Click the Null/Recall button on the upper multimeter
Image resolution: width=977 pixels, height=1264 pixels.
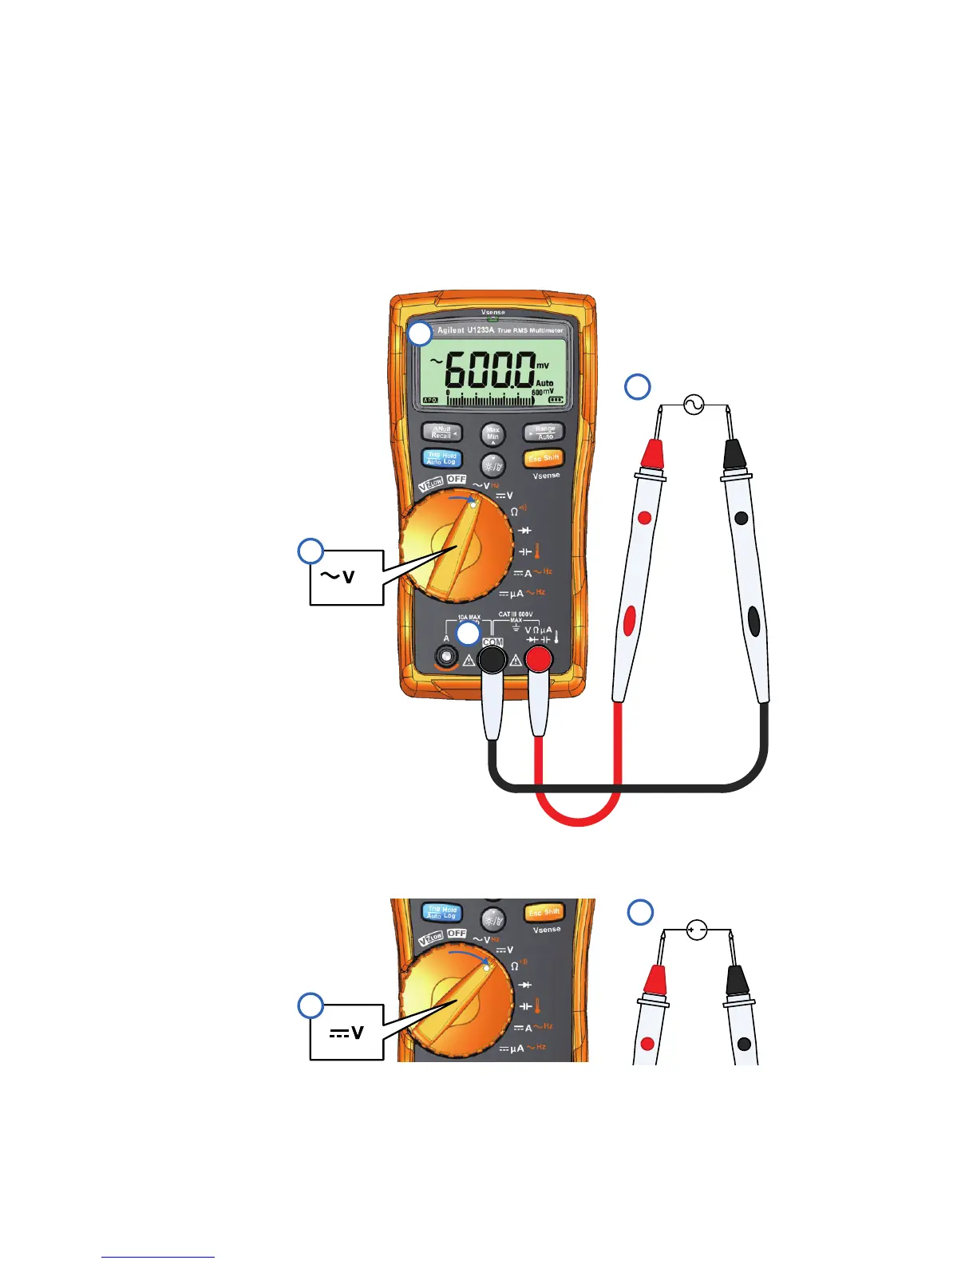click(441, 432)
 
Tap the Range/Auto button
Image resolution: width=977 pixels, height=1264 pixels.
click(544, 432)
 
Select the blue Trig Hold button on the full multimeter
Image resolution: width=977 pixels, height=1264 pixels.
click(441, 458)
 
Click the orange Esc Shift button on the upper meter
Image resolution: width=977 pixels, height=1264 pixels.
click(544, 458)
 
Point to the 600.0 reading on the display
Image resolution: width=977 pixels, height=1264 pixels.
click(489, 370)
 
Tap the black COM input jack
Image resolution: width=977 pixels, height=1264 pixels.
click(492, 659)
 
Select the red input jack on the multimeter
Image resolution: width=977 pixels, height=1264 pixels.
click(540, 659)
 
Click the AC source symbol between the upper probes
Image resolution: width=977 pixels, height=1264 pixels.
click(694, 405)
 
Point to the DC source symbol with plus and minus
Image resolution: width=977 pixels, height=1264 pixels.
click(697, 930)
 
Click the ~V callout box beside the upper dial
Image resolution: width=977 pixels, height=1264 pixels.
click(346, 577)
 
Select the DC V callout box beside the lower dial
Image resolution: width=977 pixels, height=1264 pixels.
click(346, 1033)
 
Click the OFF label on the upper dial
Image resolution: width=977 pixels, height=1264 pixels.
click(457, 479)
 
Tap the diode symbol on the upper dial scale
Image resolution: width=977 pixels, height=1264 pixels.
click(524, 531)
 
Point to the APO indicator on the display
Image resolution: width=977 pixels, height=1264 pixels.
click(430, 401)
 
